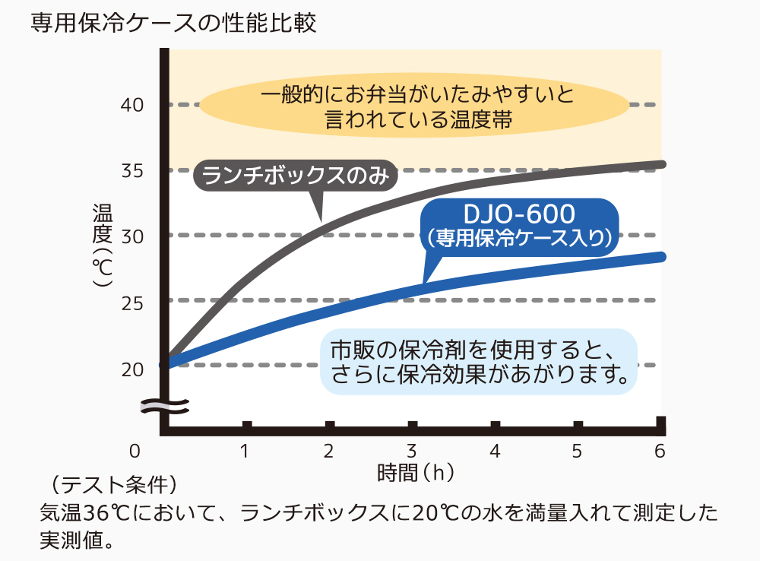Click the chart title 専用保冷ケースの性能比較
coord(173,22)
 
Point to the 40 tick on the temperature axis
coord(133,104)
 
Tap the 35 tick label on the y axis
coord(133,170)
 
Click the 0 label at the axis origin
coord(135,451)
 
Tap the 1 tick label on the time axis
coord(245,451)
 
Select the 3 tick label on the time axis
coord(411,451)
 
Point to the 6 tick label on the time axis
coord(660,451)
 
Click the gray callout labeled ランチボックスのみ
coord(296,176)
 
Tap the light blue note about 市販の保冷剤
coord(478,361)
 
